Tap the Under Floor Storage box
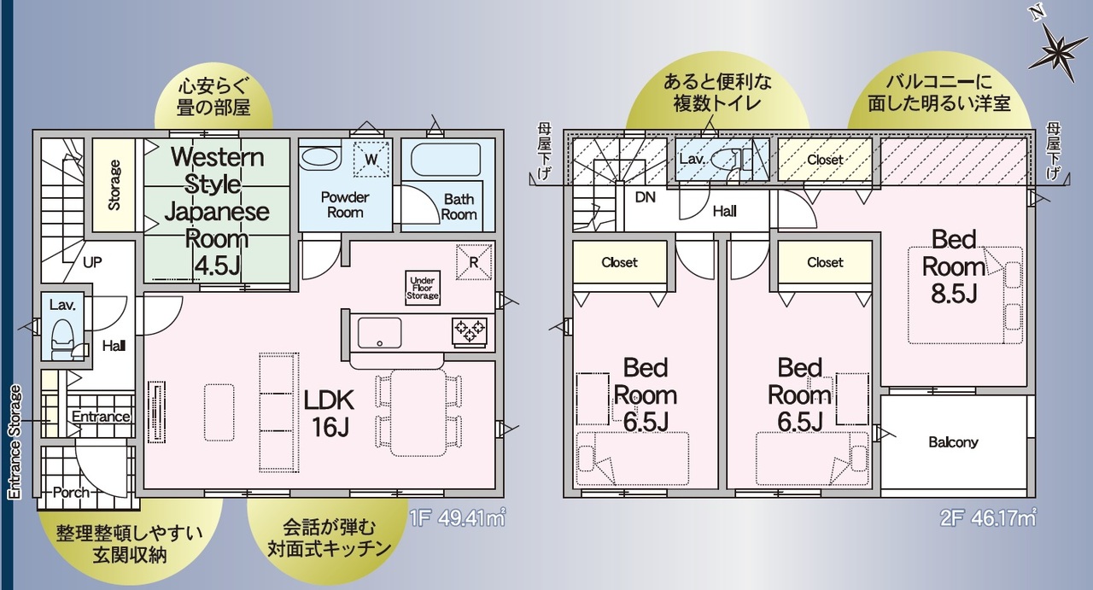(x=423, y=288)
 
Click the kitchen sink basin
(x=380, y=332)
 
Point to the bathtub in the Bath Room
(x=446, y=160)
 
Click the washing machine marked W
(x=371, y=159)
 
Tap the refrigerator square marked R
(x=473, y=262)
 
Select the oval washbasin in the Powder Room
(x=319, y=158)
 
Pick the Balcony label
(x=953, y=442)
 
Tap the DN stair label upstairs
(x=645, y=197)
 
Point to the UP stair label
(x=92, y=262)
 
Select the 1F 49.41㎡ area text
(x=457, y=518)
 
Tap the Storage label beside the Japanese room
(x=114, y=185)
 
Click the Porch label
(x=71, y=492)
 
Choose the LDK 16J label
(x=330, y=413)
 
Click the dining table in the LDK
(x=418, y=412)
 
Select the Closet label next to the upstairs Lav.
(x=825, y=160)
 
